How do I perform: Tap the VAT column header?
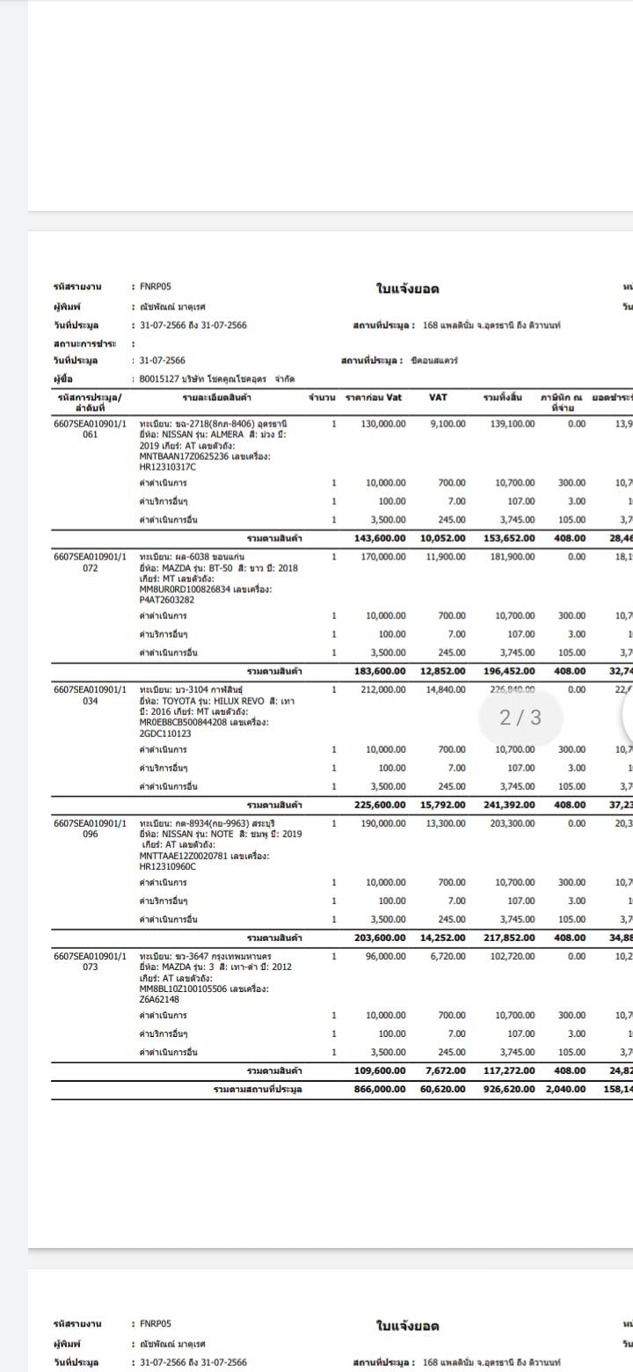pyautogui.click(x=439, y=397)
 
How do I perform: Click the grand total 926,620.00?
pyautogui.click(x=508, y=1089)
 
